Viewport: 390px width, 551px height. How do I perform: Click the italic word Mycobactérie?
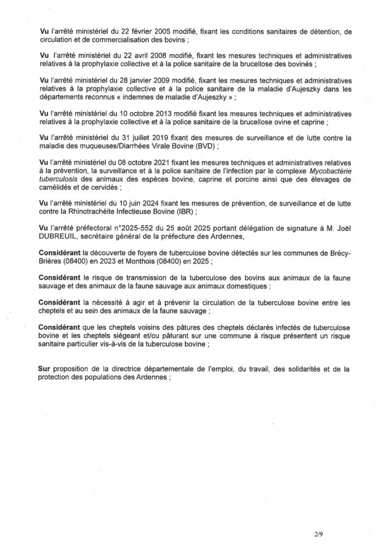328,172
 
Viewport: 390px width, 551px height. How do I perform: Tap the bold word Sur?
45,369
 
